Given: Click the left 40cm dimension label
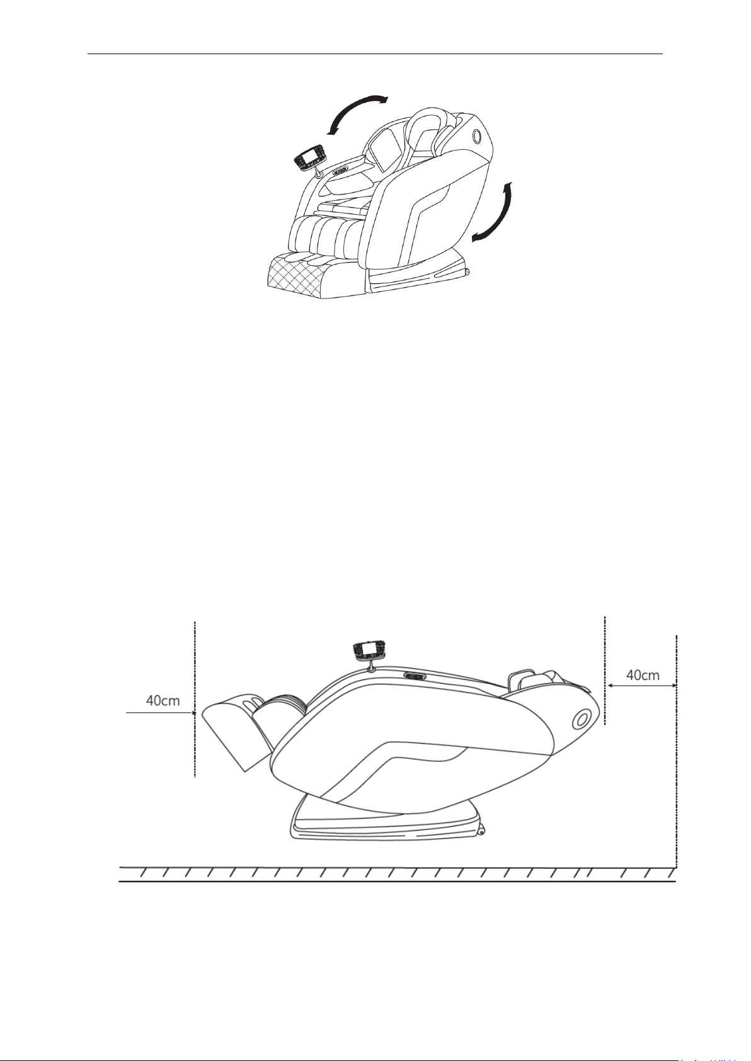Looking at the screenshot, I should tap(163, 700).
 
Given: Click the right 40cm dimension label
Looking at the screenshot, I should tap(643, 675).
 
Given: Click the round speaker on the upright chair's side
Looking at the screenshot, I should tap(476, 135).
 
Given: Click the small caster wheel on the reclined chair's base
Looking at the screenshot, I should tap(481, 832).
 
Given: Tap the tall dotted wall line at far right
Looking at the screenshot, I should tap(676, 756).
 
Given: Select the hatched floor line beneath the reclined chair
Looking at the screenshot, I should tap(397, 874).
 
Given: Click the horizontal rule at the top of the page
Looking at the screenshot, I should tap(375, 54).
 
